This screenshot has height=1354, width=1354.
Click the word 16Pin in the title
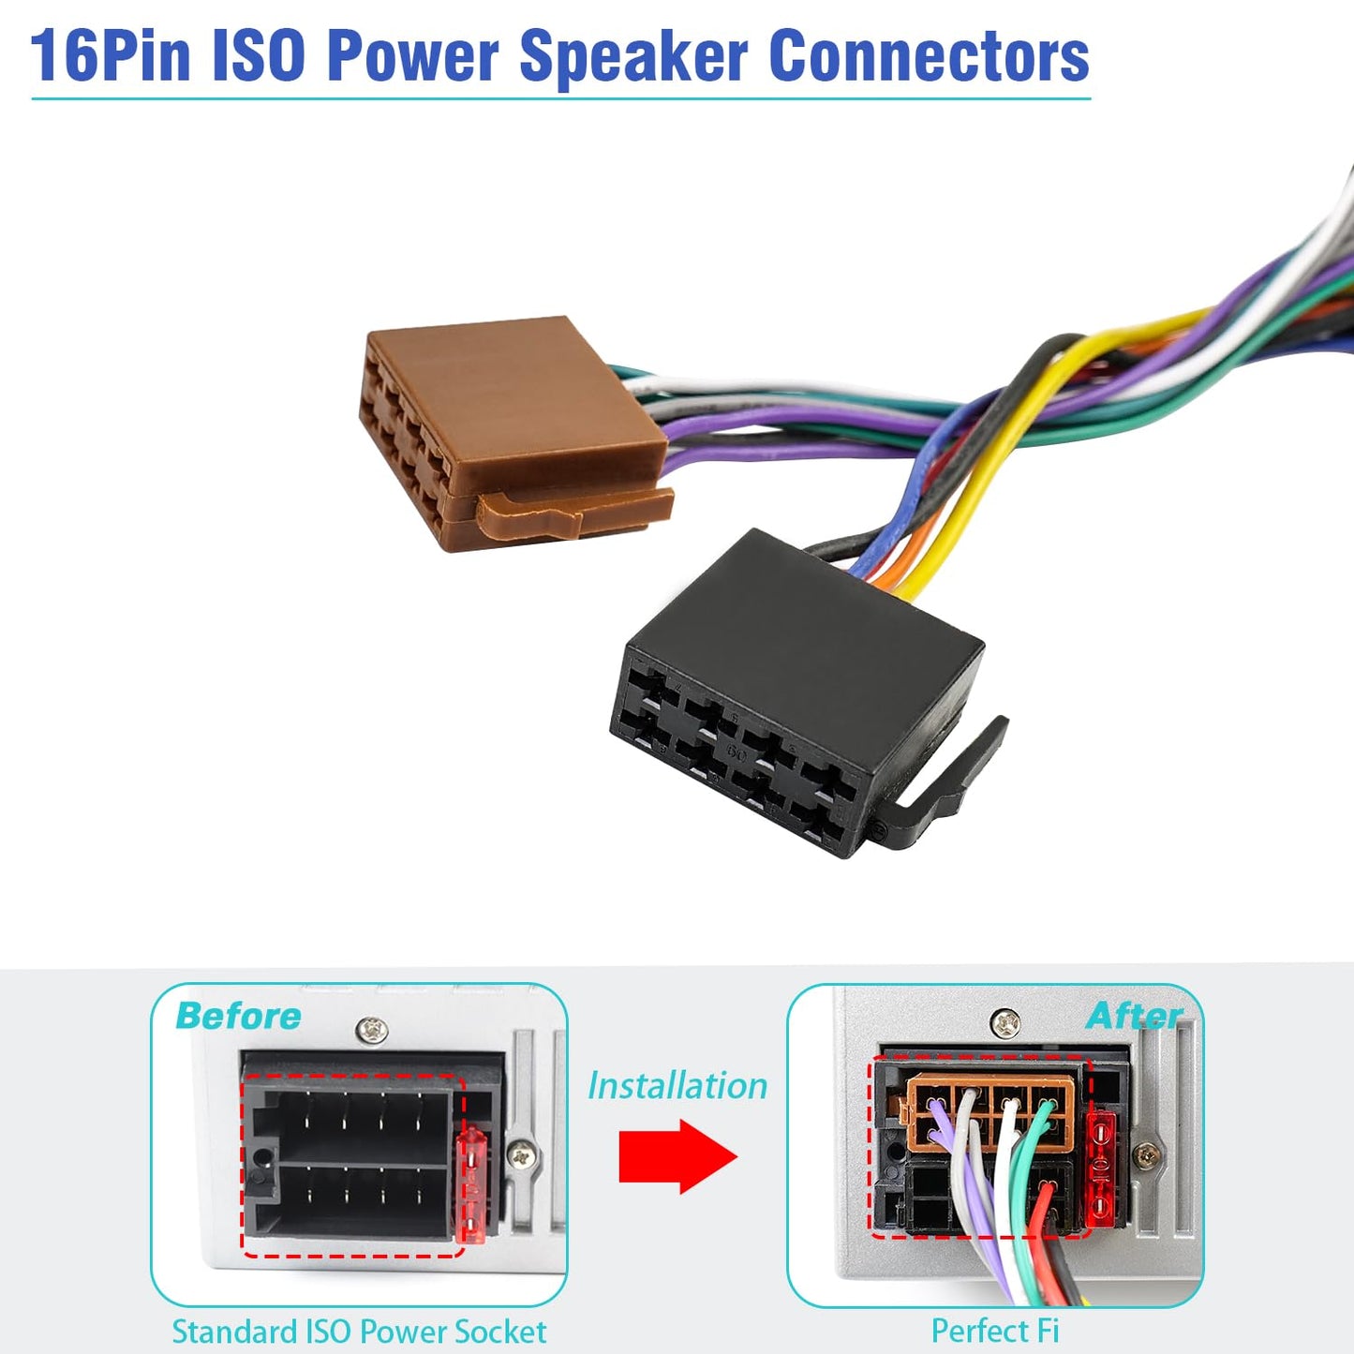[111, 57]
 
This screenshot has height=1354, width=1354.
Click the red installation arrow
[677, 1156]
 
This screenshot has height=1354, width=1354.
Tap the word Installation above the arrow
[677, 1086]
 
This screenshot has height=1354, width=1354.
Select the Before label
[238, 1017]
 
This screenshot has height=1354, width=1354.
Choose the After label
[1134, 1017]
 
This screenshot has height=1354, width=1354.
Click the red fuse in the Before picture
[470, 1196]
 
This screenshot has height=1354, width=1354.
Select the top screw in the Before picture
[372, 1030]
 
